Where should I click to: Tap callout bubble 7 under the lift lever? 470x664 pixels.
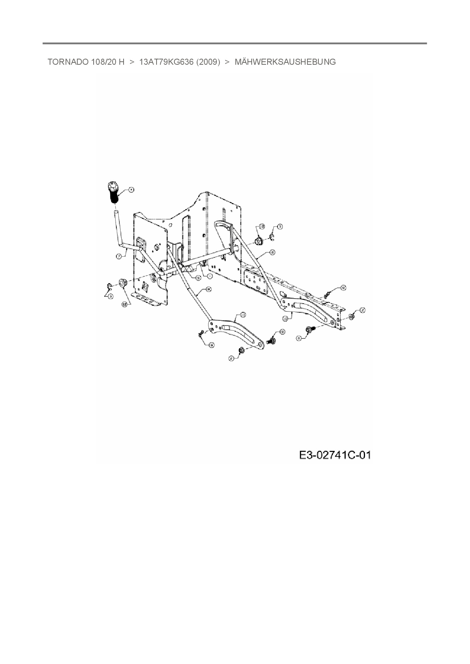coord(119,256)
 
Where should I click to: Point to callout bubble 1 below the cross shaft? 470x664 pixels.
coord(210,276)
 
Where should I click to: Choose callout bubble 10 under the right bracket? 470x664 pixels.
coord(285,319)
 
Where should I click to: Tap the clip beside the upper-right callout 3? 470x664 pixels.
coord(273,237)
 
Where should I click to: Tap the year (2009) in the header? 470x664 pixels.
coord(208,62)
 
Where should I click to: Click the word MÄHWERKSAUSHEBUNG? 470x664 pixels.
coord(285,62)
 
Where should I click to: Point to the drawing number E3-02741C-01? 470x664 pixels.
coord(335,455)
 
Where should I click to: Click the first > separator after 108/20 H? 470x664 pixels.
coord(132,62)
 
